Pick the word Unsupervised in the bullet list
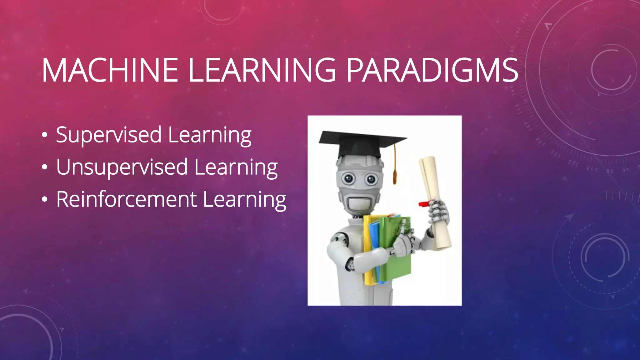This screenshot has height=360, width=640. [x=122, y=167]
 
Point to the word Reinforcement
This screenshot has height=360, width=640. [x=126, y=199]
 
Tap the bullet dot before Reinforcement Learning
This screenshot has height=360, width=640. [x=45, y=200]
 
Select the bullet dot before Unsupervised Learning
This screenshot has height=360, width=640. [x=45, y=168]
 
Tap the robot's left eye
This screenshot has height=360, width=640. [x=348, y=178]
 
